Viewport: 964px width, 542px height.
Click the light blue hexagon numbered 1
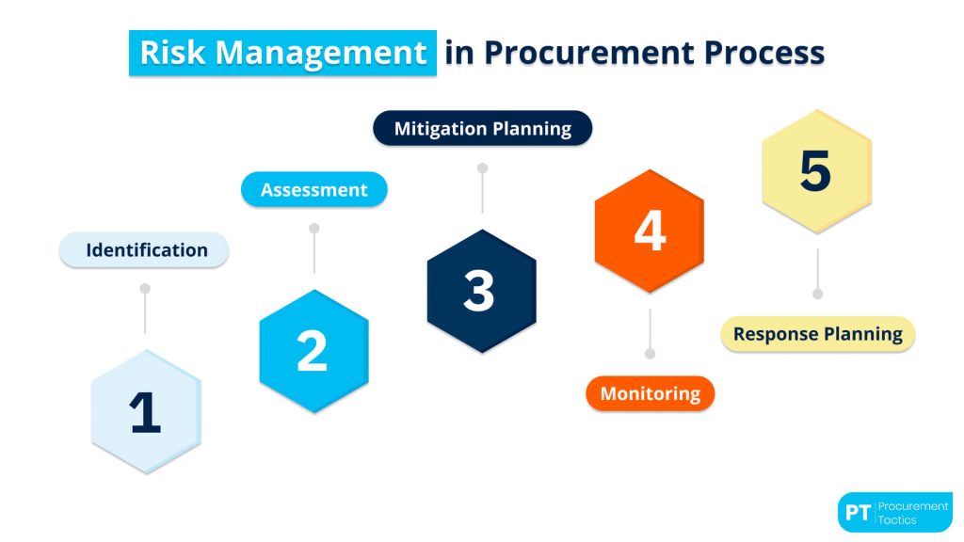tap(146, 412)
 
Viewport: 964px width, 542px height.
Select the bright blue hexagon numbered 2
tap(313, 351)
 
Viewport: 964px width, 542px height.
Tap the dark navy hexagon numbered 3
tap(481, 291)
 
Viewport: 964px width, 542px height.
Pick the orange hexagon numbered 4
tap(649, 231)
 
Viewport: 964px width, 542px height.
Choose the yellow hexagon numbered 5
tap(816, 171)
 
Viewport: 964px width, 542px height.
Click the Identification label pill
tap(145, 250)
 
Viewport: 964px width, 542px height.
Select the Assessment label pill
tap(313, 189)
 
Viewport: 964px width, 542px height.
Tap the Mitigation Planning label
tap(482, 129)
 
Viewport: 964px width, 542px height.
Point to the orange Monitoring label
tap(650, 393)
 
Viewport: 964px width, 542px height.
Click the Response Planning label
tap(817, 334)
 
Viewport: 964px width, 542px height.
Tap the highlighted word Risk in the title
tap(170, 53)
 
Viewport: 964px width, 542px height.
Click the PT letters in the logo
tap(856, 513)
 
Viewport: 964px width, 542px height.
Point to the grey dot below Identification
tap(145, 288)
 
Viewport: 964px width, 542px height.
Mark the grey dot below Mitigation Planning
tap(482, 167)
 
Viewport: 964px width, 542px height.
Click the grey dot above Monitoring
tap(650, 354)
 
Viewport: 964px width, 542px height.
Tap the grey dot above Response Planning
tap(817, 294)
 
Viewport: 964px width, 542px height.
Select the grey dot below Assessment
tap(313, 228)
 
